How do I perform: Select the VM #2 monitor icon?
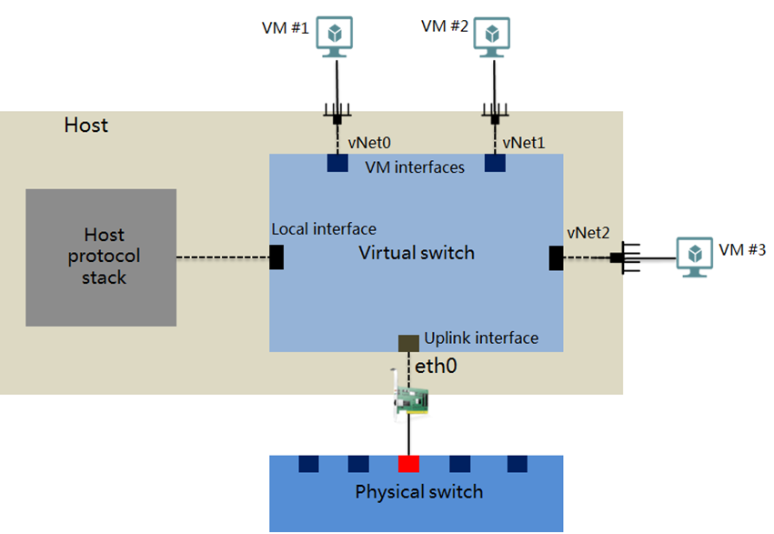tap(492, 35)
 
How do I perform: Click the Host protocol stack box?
tap(101, 257)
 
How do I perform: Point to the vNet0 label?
tap(370, 144)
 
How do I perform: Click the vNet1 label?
tap(525, 144)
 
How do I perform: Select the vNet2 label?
tap(587, 234)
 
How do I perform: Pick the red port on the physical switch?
tap(408, 464)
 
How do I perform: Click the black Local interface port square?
tap(277, 257)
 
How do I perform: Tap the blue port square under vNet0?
tap(337, 163)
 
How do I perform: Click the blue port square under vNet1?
tap(495, 163)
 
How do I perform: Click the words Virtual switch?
tap(417, 252)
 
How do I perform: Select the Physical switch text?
tap(418, 492)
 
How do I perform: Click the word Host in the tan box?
tap(86, 125)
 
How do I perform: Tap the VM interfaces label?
tap(415, 167)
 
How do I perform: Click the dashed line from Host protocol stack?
tap(222, 257)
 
